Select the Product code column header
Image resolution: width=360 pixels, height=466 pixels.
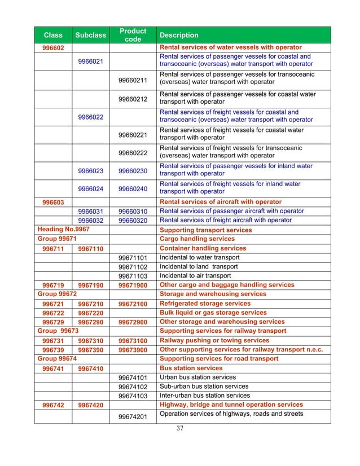click(x=133, y=35)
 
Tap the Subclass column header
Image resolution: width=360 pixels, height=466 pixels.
click(x=90, y=35)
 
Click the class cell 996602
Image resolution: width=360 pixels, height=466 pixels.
click(x=52, y=47)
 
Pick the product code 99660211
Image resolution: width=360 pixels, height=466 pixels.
click(x=133, y=80)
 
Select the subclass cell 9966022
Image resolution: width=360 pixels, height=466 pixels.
click(x=90, y=116)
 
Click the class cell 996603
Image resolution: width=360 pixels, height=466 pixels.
click(x=52, y=202)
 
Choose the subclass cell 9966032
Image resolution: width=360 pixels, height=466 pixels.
click(x=90, y=221)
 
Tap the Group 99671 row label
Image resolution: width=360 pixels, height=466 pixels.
click(x=55, y=239)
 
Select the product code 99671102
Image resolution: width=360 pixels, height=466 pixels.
click(x=133, y=267)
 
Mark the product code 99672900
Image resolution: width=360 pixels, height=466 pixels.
click(x=133, y=322)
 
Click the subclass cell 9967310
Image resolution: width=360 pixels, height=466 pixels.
click(x=90, y=341)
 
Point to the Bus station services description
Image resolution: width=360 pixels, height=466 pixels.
click(x=191, y=368)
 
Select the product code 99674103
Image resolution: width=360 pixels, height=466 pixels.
click(x=133, y=396)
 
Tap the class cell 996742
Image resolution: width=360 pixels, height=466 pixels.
click(x=52, y=405)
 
